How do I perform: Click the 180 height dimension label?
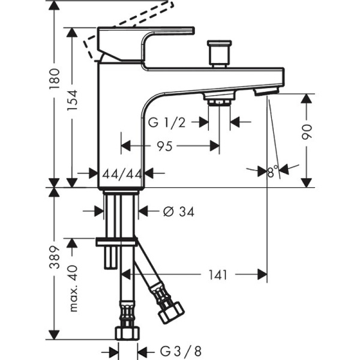[x=55, y=77]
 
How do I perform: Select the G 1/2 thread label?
[x=167, y=122]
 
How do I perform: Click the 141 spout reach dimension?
[x=218, y=275]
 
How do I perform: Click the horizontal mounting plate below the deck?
[x=117, y=241]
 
